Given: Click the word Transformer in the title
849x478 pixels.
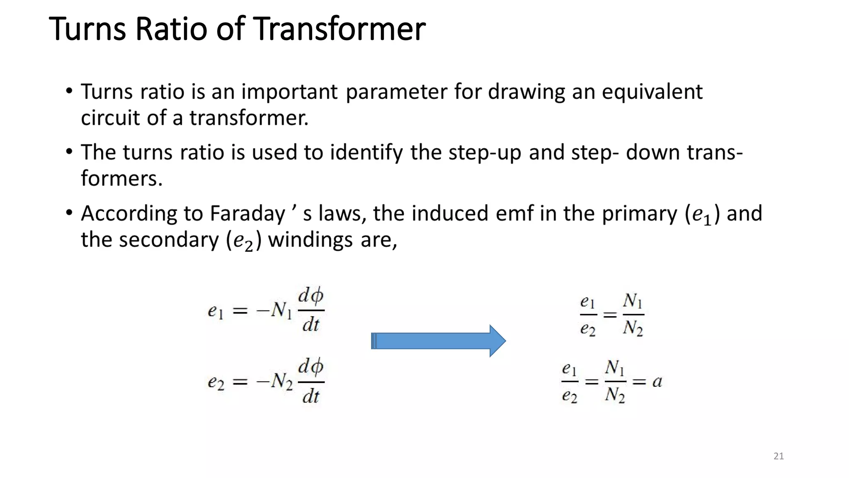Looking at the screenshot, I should click(x=339, y=29).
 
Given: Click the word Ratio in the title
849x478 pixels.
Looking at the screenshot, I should click(x=171, y=29).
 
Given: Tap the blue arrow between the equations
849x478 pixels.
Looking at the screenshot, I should click(x=438, y=341).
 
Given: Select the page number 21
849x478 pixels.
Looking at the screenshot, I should click(x=779, y=456).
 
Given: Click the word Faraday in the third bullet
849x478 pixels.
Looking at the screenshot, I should click(x=247, y=214).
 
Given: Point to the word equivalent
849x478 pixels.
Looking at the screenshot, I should click(x=652, y=92).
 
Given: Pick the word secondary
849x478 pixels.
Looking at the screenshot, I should click(x=169, y=240).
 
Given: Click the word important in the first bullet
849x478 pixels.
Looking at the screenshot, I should click(x=289, y=92).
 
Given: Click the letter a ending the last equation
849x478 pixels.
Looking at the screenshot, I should click(x=657, y=381).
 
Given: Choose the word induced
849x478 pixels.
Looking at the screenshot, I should click(x=450, y=214).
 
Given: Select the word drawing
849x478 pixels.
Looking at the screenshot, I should click(x=526, y=92).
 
